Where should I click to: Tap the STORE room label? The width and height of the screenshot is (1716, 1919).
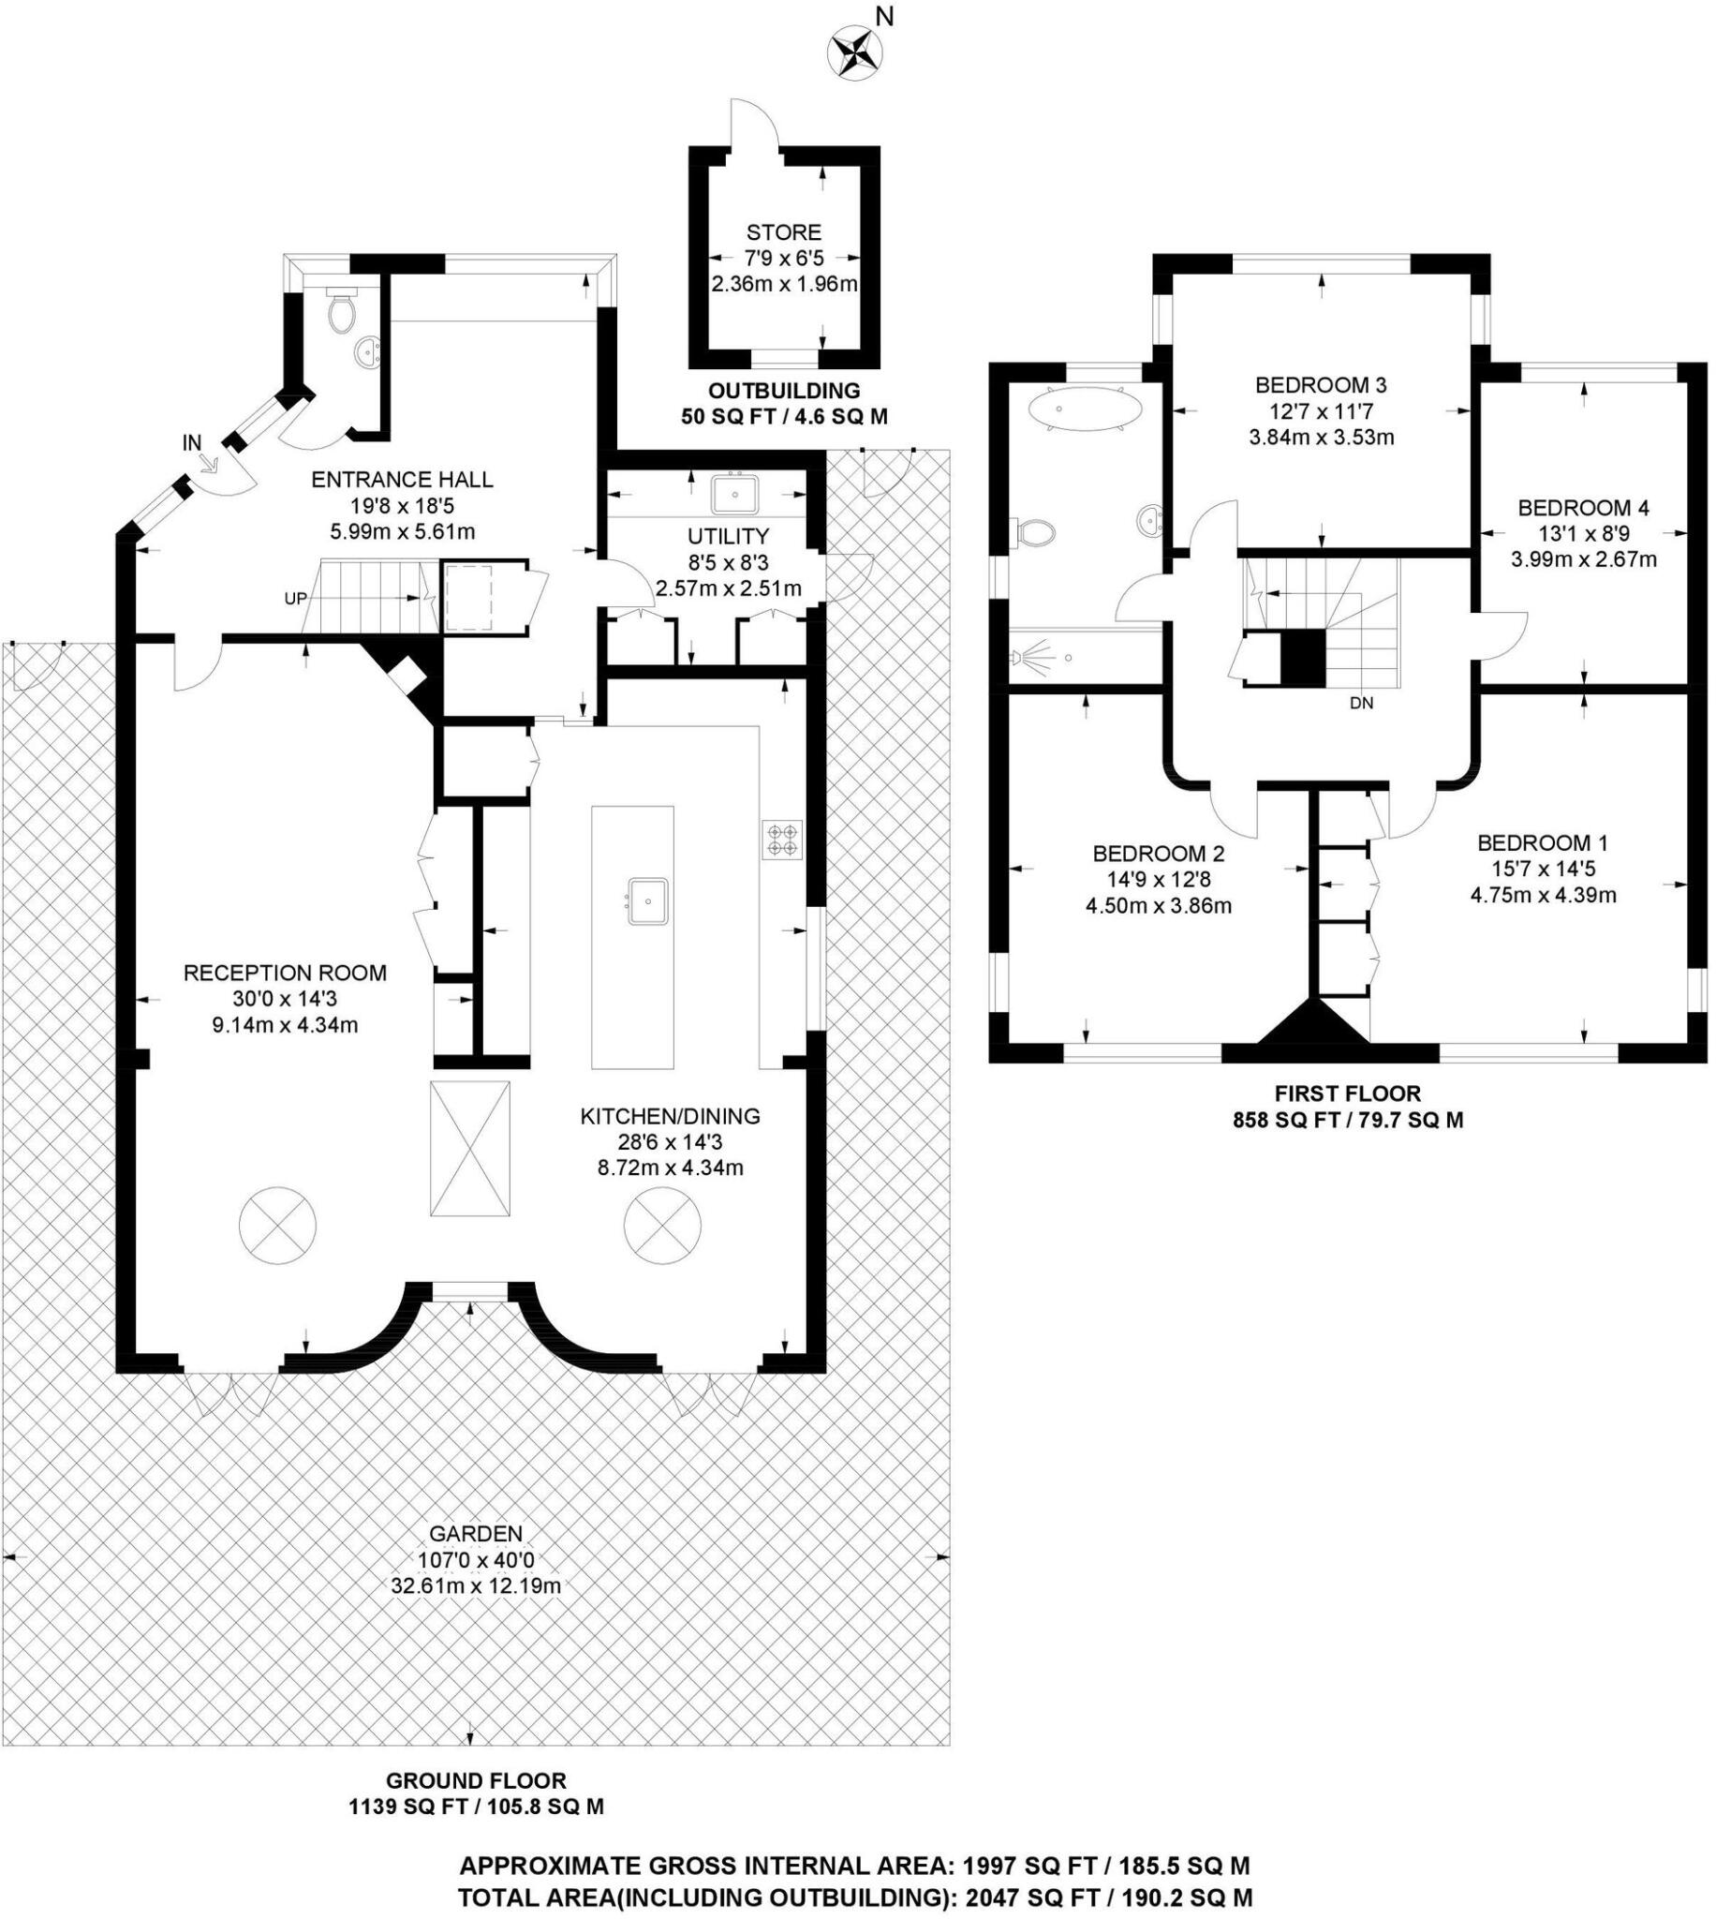(x=783, y=232)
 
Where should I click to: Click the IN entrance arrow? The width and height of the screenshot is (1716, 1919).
(x=209, y=462)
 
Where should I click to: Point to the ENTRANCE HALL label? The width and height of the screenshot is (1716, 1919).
(x=402, y=480)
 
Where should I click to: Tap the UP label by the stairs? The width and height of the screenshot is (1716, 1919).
(x=295, y=598)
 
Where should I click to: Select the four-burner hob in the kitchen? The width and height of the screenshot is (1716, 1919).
(x=782, y=840)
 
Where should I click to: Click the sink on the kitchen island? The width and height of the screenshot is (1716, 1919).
(x=649, y=900)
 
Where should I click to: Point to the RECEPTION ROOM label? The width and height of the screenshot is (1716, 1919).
(x=285, y=973)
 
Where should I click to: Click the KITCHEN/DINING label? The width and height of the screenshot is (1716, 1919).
(x=670, y=1117)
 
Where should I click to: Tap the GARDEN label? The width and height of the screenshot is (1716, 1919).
(x=475, y=1534)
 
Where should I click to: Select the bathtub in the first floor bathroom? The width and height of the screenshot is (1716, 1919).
(x=1085, y=409)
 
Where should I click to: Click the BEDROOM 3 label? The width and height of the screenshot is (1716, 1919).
(x=1320, y=385)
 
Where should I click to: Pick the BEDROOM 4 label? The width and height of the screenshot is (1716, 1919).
(x=1583, y=508)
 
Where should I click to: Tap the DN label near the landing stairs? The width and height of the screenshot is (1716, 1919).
(x=1362, y=703)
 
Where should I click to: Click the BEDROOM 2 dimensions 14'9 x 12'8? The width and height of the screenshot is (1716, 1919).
(x=1158, y=880)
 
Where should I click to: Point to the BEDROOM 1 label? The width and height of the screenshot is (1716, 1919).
(x=1543, y=843)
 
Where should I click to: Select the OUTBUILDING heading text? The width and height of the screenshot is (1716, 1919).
(x=784, y=391)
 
